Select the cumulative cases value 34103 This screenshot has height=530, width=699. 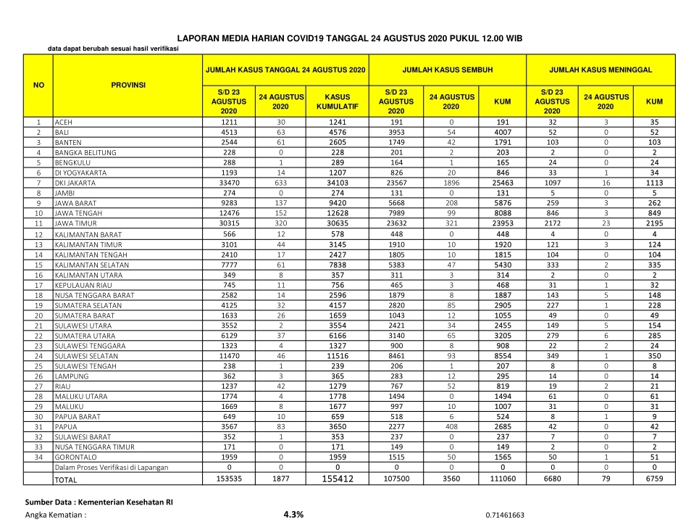(x=338, y=184)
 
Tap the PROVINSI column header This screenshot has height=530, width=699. (x=128, y=85)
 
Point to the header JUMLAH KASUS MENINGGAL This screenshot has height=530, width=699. (x=600, y=70)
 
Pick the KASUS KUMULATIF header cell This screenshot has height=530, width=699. (x=338, y=102)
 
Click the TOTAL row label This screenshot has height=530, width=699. (x=67, y=480)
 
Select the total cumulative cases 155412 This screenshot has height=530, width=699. (x=338, y=479)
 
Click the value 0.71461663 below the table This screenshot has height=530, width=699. (x=505, y=515)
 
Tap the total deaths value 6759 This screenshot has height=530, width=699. (x=654, y=479)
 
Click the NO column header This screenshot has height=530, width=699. (x=39, y=85)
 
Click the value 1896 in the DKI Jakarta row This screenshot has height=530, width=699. (x=451, y=184)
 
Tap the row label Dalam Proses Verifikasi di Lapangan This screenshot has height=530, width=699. (x=112, y=468)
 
